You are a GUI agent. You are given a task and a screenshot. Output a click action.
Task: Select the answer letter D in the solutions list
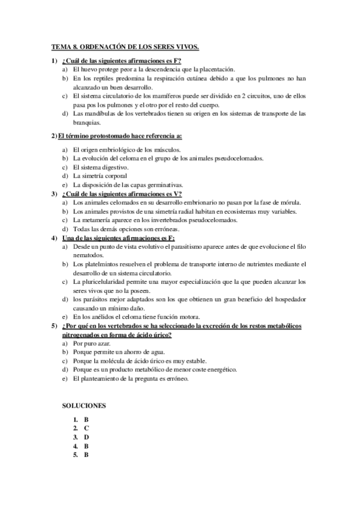click(x=86, y=437)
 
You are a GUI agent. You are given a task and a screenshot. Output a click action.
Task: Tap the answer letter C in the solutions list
click(x=86, y=427)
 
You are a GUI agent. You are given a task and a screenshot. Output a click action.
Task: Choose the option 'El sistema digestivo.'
click(x=100, y=167)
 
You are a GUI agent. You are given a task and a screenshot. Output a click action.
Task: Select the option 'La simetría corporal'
click(x=100, y=176)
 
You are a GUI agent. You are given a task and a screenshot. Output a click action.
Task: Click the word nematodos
click(x=91, y=255)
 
